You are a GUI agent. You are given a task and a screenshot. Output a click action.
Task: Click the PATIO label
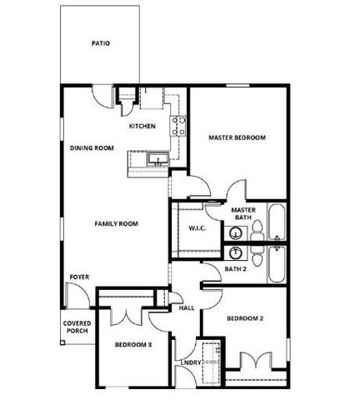pos(101,43)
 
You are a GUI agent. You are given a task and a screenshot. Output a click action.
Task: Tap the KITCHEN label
pos(142,126)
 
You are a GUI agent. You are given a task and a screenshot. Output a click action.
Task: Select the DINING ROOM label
pos(92,147)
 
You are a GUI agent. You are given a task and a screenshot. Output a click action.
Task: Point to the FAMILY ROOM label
pos(116,223)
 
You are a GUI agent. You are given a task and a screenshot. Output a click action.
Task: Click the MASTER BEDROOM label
pos(237,137)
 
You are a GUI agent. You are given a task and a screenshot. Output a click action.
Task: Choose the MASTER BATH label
pos(242,214)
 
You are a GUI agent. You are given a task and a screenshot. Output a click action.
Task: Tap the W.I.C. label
pos(197,228)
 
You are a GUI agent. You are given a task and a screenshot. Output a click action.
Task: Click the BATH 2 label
pos(236,269)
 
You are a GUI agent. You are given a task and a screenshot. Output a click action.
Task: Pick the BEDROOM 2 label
pos(246,318)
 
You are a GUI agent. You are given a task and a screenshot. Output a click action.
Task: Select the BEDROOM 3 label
pos(133,344)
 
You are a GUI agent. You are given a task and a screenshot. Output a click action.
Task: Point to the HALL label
pos(187,307)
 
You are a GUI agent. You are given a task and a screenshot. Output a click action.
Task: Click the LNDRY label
pos(191,362)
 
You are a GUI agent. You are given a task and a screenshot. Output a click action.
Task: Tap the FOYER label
pos(79,277)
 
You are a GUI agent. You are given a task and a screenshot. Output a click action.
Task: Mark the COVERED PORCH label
pos(77,327)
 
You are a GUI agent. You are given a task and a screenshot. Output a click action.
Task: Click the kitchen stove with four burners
pos(179,126)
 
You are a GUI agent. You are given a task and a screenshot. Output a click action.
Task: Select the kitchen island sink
pos(155,158)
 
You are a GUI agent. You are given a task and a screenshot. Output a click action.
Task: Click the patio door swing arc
pos(101,95)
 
